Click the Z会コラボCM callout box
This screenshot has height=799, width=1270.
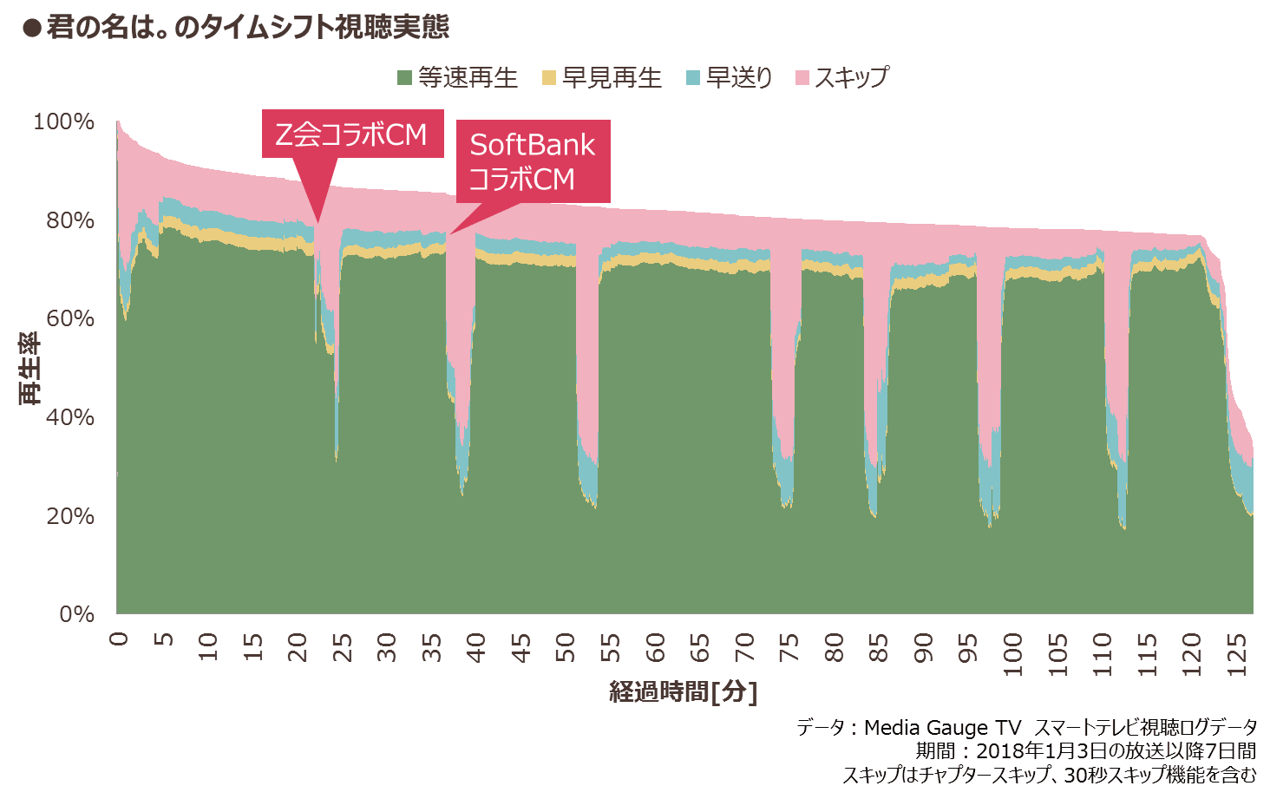click(352, 134)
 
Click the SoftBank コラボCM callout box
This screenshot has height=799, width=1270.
click(533, 161)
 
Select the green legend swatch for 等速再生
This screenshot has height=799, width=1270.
click(404, 78)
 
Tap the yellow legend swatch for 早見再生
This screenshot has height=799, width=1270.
click(548, 78)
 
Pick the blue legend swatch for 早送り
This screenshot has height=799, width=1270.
click(692, 78)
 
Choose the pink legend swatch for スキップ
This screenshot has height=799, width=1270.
click(802, 78)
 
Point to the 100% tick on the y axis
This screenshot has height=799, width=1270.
click(63, 121)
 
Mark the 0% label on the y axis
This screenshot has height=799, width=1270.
click(76, 614)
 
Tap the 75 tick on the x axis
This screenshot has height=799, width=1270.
click(789, 647)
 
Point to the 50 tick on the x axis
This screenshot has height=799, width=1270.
click(566, 647)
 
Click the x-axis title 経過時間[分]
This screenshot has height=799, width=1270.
click(684, 691)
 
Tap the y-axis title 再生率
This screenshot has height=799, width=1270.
click(29, 368)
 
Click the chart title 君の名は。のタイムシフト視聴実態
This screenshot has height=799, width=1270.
click(248, 28)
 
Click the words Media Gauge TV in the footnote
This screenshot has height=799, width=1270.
click(942, 728)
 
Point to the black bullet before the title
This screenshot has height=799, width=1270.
click(32, 29)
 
